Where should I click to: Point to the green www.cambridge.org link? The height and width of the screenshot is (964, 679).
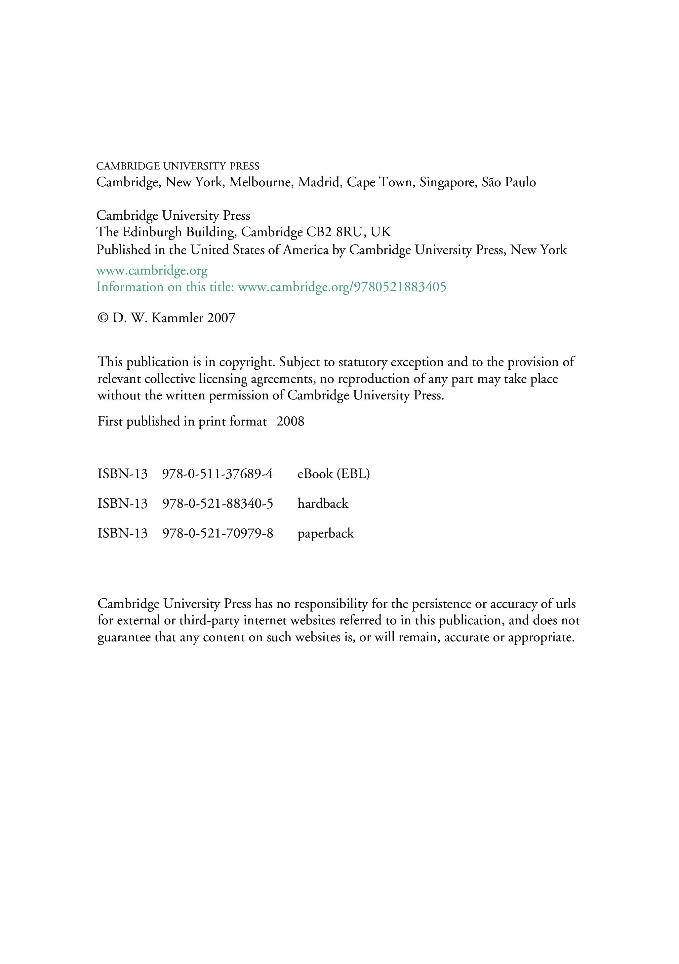[x=152, y=271]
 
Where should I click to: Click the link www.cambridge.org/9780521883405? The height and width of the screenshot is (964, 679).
[x=342, y=287]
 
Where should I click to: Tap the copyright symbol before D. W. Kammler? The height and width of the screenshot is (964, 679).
[x=103, y=318]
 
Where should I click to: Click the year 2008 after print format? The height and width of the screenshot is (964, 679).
[x=290, y=422]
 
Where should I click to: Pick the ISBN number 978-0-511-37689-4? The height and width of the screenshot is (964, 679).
[x=217, y=474]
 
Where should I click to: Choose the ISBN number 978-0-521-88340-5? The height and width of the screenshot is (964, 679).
[x=218, y=504]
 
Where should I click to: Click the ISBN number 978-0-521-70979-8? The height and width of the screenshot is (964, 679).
[x=218, y=534]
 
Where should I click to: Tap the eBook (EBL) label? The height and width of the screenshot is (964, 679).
[x=334, y=474]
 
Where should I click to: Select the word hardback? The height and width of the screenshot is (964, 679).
[x=323, y=504]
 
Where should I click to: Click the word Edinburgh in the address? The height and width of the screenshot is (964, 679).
[x=152, y=232]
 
